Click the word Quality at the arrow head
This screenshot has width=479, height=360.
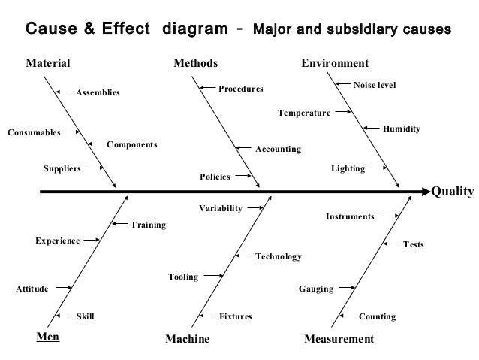tap(453, 191)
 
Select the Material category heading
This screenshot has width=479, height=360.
tap(49, 63)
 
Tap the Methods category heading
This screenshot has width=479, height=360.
tap(196, 63)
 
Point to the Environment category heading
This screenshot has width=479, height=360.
tap(335, 63)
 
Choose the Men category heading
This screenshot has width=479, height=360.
tap(48, 337)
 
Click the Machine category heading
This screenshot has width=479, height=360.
tap(187, 339)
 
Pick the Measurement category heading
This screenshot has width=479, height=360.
tap(339, 339)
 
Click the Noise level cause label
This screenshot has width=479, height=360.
tap(374, 86)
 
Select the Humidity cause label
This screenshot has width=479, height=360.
tap(401, 129)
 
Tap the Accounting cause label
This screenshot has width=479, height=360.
tap(279, 150)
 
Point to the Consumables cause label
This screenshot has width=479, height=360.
tap(34, 132)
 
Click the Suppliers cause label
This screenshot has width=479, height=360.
tap(62, 168)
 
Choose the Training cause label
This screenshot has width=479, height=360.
tap(149, 225)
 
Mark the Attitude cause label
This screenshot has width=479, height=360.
tap(32, 289)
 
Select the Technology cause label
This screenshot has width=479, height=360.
tap(279, 257)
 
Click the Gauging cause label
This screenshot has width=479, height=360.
tap(316, 289)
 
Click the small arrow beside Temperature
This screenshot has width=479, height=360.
tap(342, 113)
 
